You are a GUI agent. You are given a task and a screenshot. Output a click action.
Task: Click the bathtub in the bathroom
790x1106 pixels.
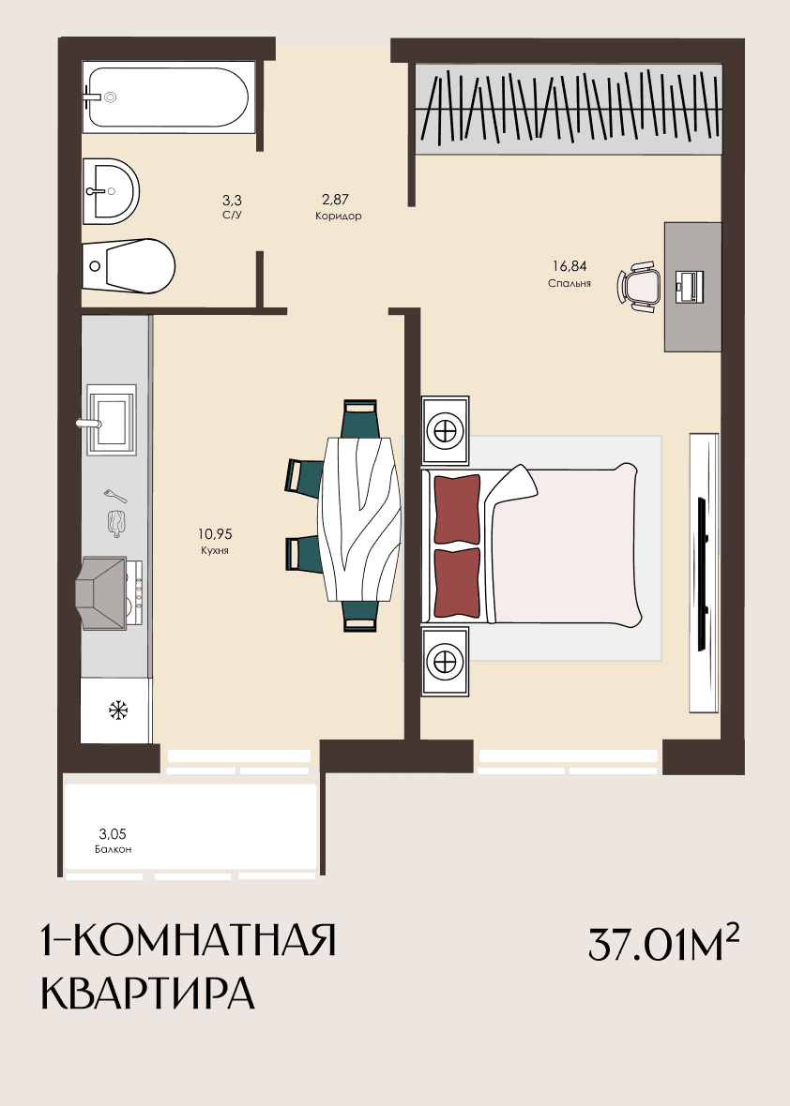pyautogui.click(x=165, y=97)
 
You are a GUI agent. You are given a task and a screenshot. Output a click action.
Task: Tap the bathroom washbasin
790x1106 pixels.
pyautogui.click(x=111, y=191)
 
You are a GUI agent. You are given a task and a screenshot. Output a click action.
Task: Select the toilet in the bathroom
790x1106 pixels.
pyautogui.click(x=129, y=265)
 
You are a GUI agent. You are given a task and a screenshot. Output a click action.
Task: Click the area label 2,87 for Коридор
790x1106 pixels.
pyautogui.click(x=335, y=200)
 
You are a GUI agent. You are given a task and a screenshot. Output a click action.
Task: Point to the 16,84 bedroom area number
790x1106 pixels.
pyautogui.click(x=569, y=266)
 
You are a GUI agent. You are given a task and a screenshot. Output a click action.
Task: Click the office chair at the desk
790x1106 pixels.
pyautogui.click(x=640, y=287)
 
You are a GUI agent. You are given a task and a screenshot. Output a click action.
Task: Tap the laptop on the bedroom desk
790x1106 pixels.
pyautogui.click(x=690, y=287)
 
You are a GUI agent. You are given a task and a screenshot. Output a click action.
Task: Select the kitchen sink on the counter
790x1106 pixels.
pyautogui.click(x=111, y=420)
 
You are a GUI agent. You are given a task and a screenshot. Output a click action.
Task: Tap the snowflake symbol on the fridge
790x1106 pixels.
pyautogui.click(x=118, y=710)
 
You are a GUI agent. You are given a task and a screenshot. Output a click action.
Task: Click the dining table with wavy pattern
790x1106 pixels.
pyautogui.click(x=360, y=518)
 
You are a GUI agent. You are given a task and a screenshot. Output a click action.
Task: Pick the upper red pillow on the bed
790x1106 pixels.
pyautogui.click(x=458, y=509)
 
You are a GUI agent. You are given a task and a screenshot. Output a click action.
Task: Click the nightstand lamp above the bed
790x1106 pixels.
pyautogui.click(x=446, y=430)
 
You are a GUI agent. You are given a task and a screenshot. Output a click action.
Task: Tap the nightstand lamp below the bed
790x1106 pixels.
pyautogui.click(x=446, y=661)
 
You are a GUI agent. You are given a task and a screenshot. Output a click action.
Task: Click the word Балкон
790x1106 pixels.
pyautogui.click(x=113, y=849)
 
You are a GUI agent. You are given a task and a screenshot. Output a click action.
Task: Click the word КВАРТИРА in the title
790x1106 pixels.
pyautogui.click(x=148, y=994)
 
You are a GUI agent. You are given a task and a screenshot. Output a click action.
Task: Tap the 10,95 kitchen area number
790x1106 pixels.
pyautogui.click(x=215, y=534)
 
